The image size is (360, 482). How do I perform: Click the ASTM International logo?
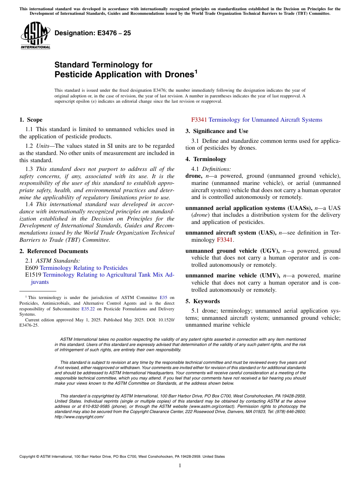pos(35,36)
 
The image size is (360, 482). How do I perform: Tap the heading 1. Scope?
pos(31,120)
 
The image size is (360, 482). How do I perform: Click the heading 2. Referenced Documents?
pos(54,251)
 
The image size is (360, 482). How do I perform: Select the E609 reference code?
pos(31,268)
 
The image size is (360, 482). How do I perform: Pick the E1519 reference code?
pos(33,275)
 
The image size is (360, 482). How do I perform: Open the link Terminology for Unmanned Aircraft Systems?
pos(265,120)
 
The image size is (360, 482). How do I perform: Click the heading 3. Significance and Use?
pos(217,131)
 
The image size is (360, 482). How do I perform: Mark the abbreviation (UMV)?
pos(268,275)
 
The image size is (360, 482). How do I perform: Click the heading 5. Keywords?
pos(203,301)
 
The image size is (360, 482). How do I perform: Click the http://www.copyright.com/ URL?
pos(79,417)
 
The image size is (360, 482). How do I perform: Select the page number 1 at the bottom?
pos(180,466)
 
